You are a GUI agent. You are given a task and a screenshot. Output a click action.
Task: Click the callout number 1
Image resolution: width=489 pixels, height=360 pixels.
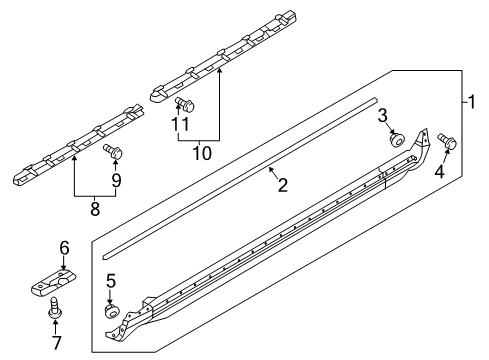471,102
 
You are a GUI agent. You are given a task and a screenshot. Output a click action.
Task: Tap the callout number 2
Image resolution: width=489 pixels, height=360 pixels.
282,185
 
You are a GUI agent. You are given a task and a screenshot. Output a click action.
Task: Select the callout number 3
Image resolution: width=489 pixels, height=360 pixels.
383,116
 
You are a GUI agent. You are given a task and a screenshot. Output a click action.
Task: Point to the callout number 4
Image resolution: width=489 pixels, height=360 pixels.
440,172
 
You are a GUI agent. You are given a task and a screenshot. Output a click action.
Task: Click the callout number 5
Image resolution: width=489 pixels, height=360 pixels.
111,281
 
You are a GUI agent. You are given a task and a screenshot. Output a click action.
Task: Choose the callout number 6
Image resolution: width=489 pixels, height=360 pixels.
65,248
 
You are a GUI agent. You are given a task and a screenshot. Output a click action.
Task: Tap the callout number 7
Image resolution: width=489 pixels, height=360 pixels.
56,343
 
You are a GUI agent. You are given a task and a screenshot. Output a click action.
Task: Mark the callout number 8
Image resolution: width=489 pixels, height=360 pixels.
95,209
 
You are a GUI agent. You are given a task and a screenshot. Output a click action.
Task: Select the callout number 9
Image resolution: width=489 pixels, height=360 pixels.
116,181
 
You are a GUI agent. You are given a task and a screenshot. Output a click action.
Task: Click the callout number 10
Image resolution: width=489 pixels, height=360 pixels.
202,153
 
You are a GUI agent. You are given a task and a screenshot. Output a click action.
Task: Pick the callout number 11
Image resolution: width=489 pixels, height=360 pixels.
180,125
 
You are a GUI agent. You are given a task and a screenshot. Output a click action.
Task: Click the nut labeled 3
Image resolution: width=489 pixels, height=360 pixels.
397,139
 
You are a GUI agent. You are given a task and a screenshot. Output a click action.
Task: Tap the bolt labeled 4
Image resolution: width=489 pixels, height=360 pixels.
447,141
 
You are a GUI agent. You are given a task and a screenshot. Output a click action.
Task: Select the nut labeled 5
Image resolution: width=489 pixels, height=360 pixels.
111,312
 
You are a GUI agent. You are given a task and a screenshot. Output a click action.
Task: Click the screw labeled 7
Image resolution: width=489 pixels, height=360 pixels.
53,306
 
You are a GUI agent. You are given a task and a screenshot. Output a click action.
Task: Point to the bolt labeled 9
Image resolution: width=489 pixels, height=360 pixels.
113,151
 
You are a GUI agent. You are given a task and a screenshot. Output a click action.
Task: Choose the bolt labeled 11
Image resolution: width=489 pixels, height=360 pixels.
185,104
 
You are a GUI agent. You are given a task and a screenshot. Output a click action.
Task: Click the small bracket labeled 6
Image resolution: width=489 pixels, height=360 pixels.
54,282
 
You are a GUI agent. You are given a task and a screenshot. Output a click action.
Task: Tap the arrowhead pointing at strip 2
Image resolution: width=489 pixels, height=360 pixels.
272,170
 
